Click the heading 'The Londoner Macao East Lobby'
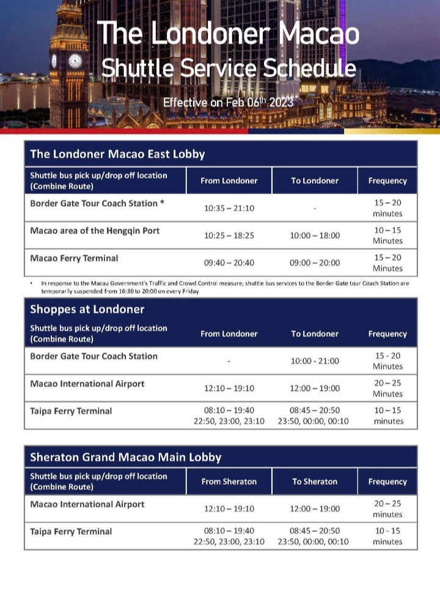117,154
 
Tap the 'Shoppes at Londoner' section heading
87,309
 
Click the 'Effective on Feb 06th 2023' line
228,102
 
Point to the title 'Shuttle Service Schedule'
228,67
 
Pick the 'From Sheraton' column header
229,482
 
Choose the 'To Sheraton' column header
315,482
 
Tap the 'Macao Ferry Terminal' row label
74,258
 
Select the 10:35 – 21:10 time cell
229,208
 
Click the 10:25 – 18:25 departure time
229,236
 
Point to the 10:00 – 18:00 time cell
315,236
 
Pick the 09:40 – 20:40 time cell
229,263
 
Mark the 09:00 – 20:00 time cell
315,263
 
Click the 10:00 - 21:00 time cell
315,361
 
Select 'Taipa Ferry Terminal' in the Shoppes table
71,411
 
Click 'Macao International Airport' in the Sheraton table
87,504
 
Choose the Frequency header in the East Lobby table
387,181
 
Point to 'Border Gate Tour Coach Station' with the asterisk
97,203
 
